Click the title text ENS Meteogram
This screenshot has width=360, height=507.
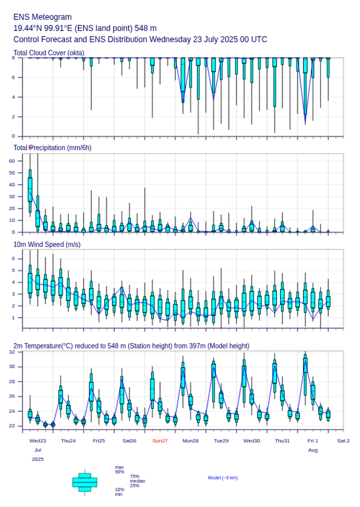(42, 17)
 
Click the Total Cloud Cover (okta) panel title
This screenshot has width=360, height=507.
(49, 53)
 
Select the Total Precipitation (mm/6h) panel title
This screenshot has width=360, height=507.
(53, 148)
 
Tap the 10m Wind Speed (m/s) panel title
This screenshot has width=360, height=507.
(47, 244)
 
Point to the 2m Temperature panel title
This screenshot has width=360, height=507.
(131, 346)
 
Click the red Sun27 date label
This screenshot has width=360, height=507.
(160, 441)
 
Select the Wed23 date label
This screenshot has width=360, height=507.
(38, 441)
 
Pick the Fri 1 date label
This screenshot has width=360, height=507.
(313, 441)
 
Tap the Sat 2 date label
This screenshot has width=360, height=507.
(343, 441)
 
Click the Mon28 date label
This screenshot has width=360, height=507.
(191, 441)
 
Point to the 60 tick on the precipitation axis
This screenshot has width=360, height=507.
(12, 161)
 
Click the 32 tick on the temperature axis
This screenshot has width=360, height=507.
(12, 352)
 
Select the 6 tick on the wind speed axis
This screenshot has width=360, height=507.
(13, 258)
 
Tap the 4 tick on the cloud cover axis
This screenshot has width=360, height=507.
(13, 97)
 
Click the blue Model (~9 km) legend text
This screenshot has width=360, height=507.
(223, 478)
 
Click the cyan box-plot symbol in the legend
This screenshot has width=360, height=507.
(85, 482)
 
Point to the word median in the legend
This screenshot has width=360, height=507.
(137, 481)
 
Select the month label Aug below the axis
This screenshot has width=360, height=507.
(313, 450)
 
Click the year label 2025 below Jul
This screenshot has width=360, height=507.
(38, 459)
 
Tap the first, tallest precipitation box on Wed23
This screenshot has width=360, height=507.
(30, 189)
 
